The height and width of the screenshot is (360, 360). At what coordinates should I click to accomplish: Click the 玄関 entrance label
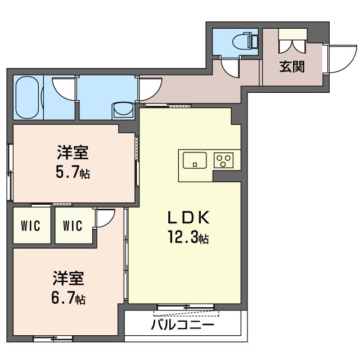(x=292, y=66)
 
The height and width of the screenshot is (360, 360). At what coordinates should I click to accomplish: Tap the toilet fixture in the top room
(x=246, y=40)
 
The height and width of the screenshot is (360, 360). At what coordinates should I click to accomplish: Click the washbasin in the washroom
(x=122, y=109)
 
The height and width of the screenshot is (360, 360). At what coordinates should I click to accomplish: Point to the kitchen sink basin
(x=195, y=161)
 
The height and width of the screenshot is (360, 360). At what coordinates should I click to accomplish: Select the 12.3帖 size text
(x=187, y=239)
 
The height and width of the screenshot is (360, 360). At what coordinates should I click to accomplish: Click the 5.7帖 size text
(x=73, y=173)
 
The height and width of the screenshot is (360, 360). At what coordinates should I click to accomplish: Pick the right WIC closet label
(x=73, y=226)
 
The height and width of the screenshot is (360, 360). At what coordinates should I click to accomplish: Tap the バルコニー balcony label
(x=182, y=326)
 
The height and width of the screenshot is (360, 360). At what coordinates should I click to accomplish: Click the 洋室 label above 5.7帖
(x=73, y=153)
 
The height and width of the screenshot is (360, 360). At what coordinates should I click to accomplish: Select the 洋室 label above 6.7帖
(x=69, y=278)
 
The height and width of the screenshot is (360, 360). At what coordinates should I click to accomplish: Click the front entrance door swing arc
(x=340, y=60)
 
